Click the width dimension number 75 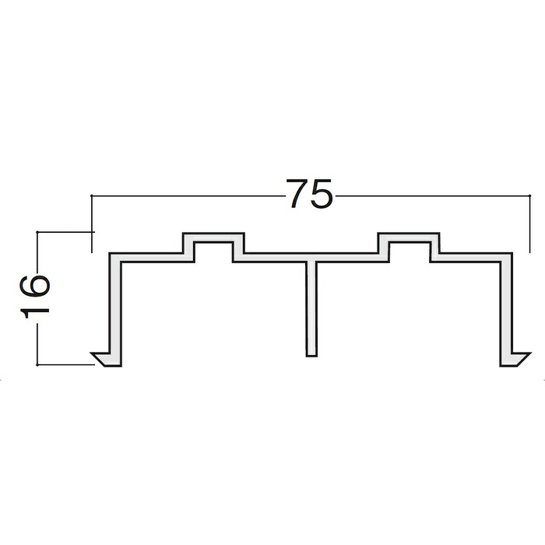(309, 194)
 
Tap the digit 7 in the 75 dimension (297, 194)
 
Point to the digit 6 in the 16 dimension (35, 287)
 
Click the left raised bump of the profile (213, 247)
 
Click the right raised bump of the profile (409, 247)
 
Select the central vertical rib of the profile (311, 308)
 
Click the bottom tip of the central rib (311, 357)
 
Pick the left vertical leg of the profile (115, 309)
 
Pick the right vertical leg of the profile (506, 309)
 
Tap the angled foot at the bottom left (104, 360)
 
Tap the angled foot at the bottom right (517, 360)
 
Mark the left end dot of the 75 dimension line (91, 196)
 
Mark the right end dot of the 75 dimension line (529, 196)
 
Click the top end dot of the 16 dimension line (37, 231)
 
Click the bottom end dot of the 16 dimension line (37, 365)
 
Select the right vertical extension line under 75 (529, 224)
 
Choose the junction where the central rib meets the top (311, 260)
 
